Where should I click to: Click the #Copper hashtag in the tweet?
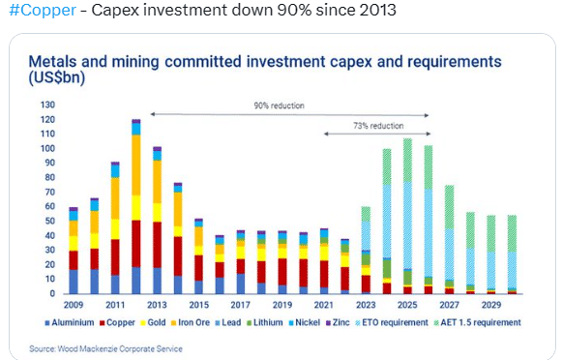coord(43,10)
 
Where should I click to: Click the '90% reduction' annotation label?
coord(279,105)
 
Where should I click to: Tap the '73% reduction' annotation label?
coord(378,126)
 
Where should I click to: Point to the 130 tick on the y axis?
coord(47,105)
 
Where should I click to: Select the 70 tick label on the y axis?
coord(50,192)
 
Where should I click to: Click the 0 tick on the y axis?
coord(52,293)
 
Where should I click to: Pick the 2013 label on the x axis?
coord(157,305)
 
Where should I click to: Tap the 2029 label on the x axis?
coord(491,305)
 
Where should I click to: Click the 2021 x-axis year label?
coord(324,305)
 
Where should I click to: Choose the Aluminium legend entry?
coord(70,322)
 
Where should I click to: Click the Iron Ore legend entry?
coord(191,322)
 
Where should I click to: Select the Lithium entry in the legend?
coord(265,322)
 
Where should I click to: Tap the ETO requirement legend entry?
coord(392,322)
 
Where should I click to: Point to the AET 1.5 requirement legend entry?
coord(478,322)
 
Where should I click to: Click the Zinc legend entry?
coord(338,322)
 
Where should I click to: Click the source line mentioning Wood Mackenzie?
coord(105,348)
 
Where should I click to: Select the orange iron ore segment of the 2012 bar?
coord(136,165)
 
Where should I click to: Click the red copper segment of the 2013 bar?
coord(157,245)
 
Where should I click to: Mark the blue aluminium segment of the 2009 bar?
coord(74,282)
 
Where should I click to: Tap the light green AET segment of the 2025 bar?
coord(407,161)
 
